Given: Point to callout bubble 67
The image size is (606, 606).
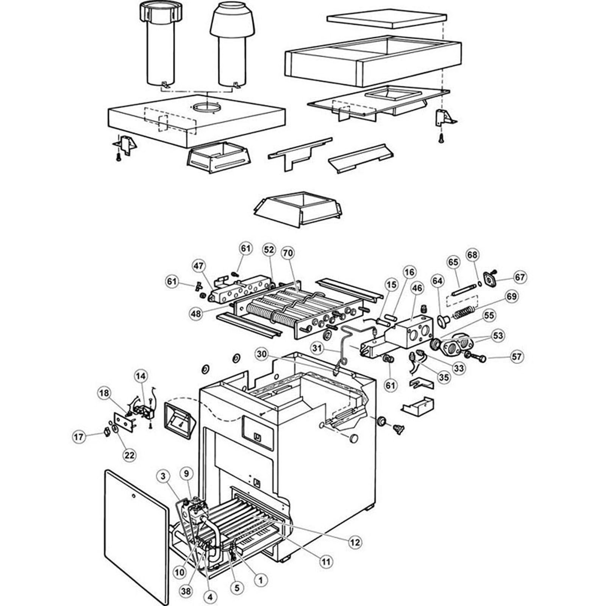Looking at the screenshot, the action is coord(520,277).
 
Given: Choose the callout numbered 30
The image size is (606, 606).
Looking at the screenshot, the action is coord(261,354).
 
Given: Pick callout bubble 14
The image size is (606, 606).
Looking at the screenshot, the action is coord(141,376).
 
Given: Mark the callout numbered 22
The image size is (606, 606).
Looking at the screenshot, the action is coord(130,455).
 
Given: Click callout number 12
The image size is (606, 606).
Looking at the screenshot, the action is coord(356,542).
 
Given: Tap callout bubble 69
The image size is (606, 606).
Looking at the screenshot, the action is coord(511,296).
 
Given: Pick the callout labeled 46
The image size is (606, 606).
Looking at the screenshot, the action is coord(417,289).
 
